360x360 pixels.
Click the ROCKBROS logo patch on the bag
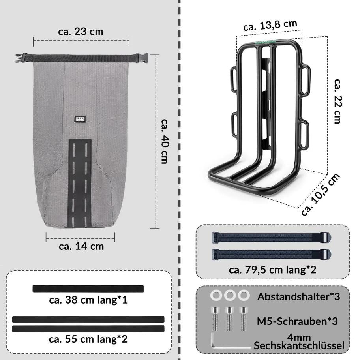(80, 119)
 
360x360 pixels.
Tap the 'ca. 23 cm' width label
(81, 32)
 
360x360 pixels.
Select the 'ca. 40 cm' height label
(165, 141)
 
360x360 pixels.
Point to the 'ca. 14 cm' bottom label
(81, 246)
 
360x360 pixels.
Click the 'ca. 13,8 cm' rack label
(270, 25)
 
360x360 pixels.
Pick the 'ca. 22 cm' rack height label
(337, 101)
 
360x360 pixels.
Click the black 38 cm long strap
(88, 289)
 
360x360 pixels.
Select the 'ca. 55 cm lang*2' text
(88, 339)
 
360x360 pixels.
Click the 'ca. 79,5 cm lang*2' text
(272, 270)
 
